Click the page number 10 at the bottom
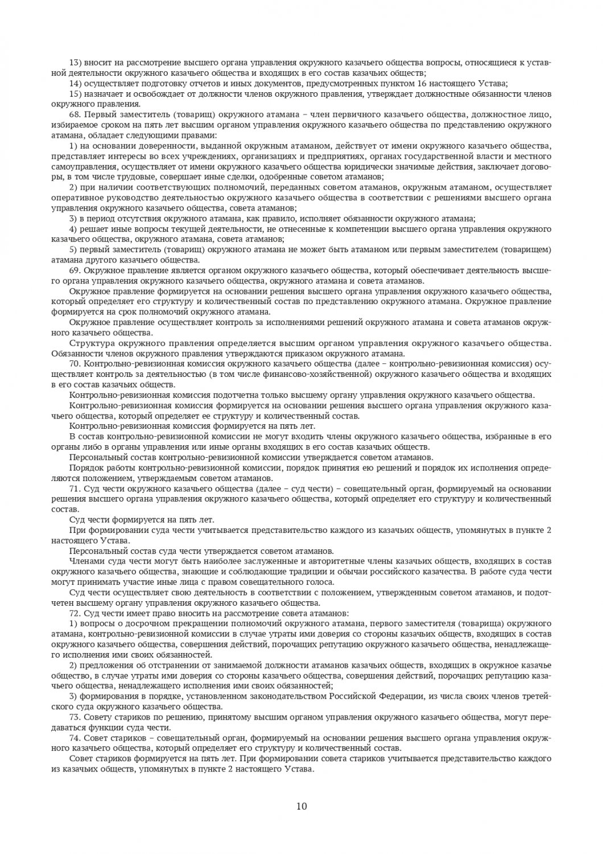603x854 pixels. pyautogui.click(x=301, y=806)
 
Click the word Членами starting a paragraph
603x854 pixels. pyautogui.click(x=85, y=561)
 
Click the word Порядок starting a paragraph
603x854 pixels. pyautogui.click(x=86, y=468)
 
